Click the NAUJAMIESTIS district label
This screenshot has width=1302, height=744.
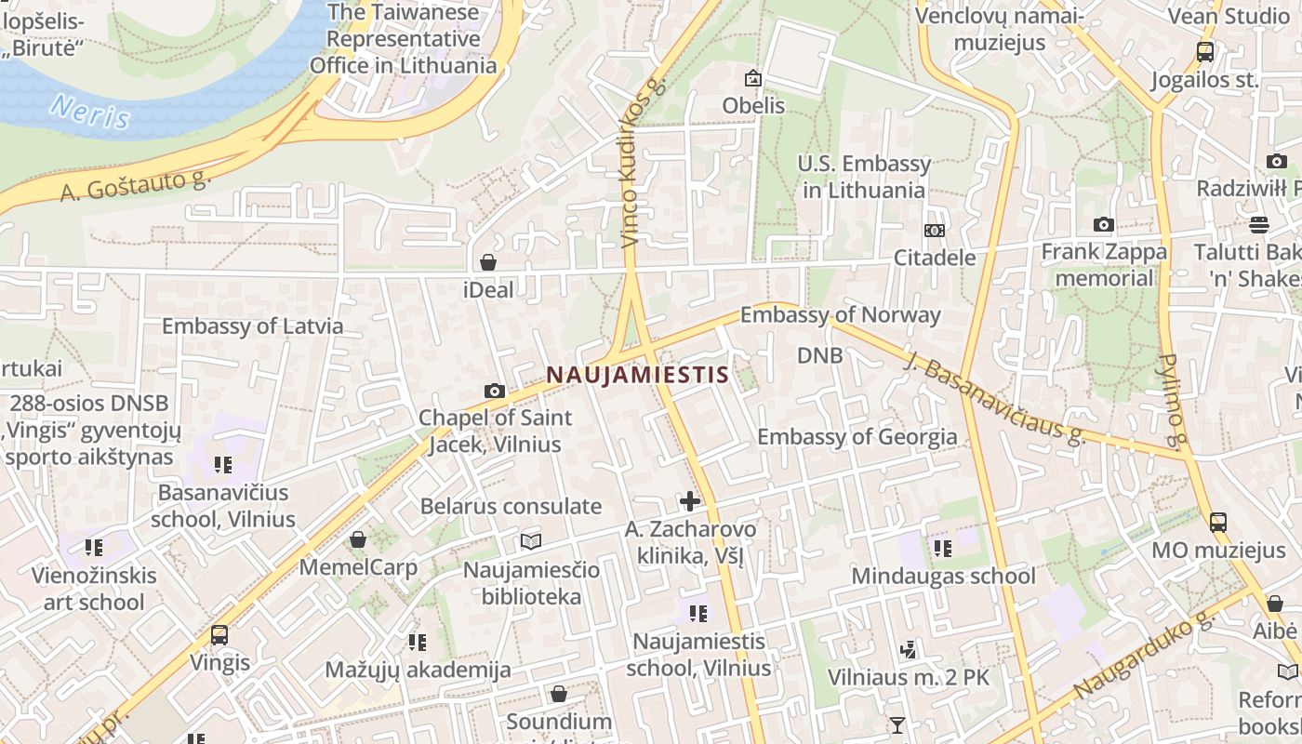[x=637, y=375]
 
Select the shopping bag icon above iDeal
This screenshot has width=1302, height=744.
[x=488, y=262]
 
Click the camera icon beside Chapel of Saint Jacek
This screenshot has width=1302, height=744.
[x=495, y=391]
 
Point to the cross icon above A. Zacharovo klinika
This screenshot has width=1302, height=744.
[x=690, y=502]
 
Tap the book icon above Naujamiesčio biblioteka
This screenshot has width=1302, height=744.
[x=531, y=541]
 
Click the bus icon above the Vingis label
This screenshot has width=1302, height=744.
[x=219, y=635]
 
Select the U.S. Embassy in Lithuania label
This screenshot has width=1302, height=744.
[x=864, y=177]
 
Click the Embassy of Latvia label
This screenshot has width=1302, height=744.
[x=252, y=326]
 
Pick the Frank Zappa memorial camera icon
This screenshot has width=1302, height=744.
[x=1104, y=224]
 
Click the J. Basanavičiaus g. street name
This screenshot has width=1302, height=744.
[x=994, y=397]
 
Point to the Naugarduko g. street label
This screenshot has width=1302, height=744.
[x=1145, y=657]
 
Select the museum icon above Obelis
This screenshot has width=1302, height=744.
[x=753, y=79]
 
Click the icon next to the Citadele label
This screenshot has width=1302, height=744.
[x=935, y=231]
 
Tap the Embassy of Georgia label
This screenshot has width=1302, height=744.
[x=857, y=437]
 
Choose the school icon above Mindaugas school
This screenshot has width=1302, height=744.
[x=943, y=549]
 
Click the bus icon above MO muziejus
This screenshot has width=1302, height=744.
[x=1218, y=523]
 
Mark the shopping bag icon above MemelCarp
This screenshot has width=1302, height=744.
[x=358, y=539]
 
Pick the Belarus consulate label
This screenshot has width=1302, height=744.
[x=511, y=507]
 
